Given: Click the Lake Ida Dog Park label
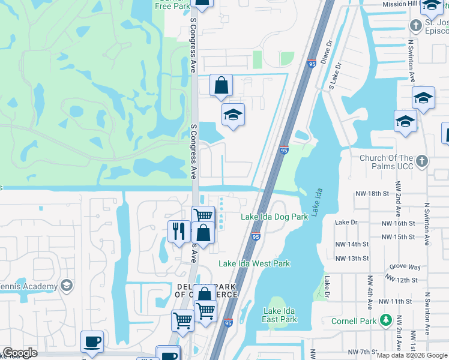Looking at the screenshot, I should coord(274,217).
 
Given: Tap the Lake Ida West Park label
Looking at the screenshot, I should coord(254,263).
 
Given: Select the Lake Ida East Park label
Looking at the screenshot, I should coord(280,315).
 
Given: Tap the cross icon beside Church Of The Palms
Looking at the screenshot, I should coord(422,160).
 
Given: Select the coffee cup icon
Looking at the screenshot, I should coord(92,342).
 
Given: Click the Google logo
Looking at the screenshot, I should coord(20,353).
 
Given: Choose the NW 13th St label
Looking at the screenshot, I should coord(352,259).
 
